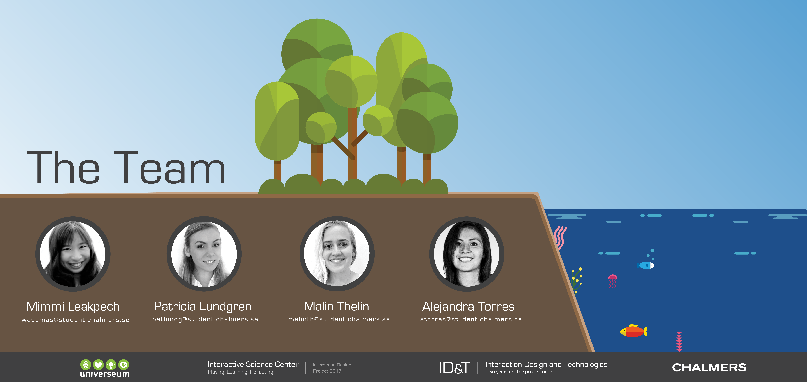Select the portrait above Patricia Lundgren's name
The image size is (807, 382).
(x=204, y=254)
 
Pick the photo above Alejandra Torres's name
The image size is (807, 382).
(x=467, y=254)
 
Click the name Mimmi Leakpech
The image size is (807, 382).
(x=73, y=306)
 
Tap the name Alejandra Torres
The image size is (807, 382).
(x=468, y=306)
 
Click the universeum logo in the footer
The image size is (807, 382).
(x=105, y=368)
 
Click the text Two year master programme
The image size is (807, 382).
(x=519, y=372)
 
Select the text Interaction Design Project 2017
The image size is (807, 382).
(x=332, y=368)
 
